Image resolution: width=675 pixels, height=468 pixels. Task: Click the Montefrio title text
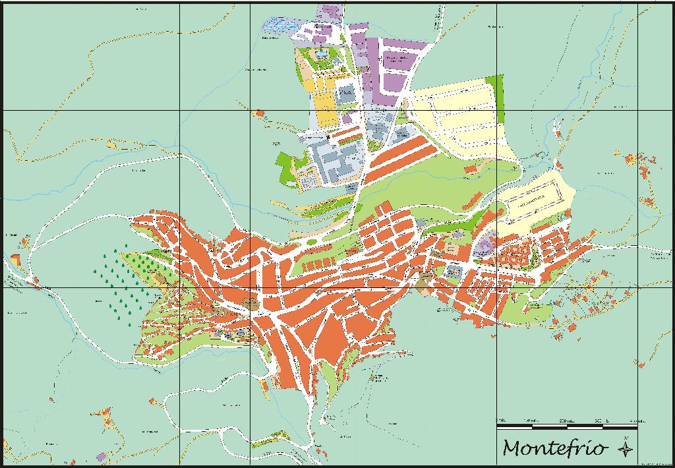[554, 448]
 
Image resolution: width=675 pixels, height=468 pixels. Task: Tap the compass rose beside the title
[625, 448]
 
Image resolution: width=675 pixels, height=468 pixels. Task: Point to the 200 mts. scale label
[566, 421]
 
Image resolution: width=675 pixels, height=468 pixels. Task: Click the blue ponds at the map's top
[280, 26]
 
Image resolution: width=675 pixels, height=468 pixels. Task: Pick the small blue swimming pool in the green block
[321, 53]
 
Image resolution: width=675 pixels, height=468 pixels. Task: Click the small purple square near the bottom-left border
[101, 456]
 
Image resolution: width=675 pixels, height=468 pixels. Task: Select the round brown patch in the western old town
[250, 303]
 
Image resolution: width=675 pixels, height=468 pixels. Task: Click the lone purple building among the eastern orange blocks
[485, 247]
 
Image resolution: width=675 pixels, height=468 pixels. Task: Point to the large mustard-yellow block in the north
[325, 109]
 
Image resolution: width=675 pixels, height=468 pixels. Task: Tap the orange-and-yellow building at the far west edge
[17, 258]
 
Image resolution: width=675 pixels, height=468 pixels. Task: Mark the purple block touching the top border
[328, 12]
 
